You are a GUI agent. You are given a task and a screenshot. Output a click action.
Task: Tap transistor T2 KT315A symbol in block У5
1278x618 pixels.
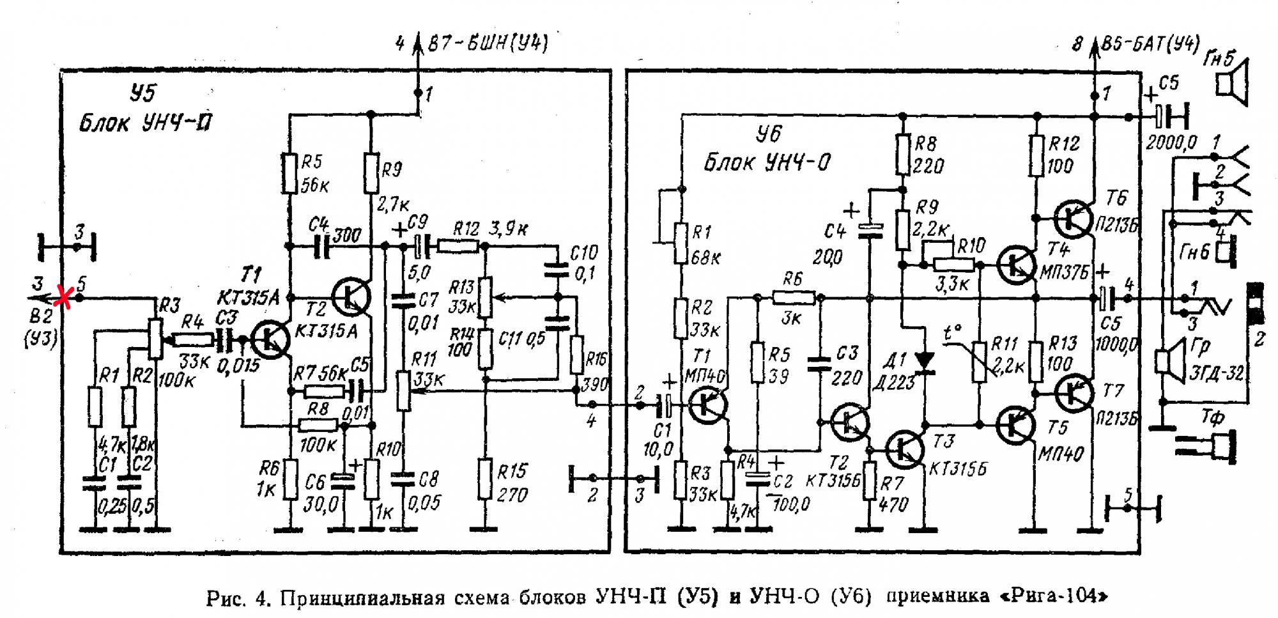[351, 297]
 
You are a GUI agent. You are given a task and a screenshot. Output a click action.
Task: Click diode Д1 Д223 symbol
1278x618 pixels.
[925, 361]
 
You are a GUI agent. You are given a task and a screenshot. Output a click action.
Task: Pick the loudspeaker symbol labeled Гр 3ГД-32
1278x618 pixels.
[1165, 361]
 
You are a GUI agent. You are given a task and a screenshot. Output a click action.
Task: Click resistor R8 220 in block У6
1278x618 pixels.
[902, 154]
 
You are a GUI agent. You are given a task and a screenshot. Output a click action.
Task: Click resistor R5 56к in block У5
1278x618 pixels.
[290, 173]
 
